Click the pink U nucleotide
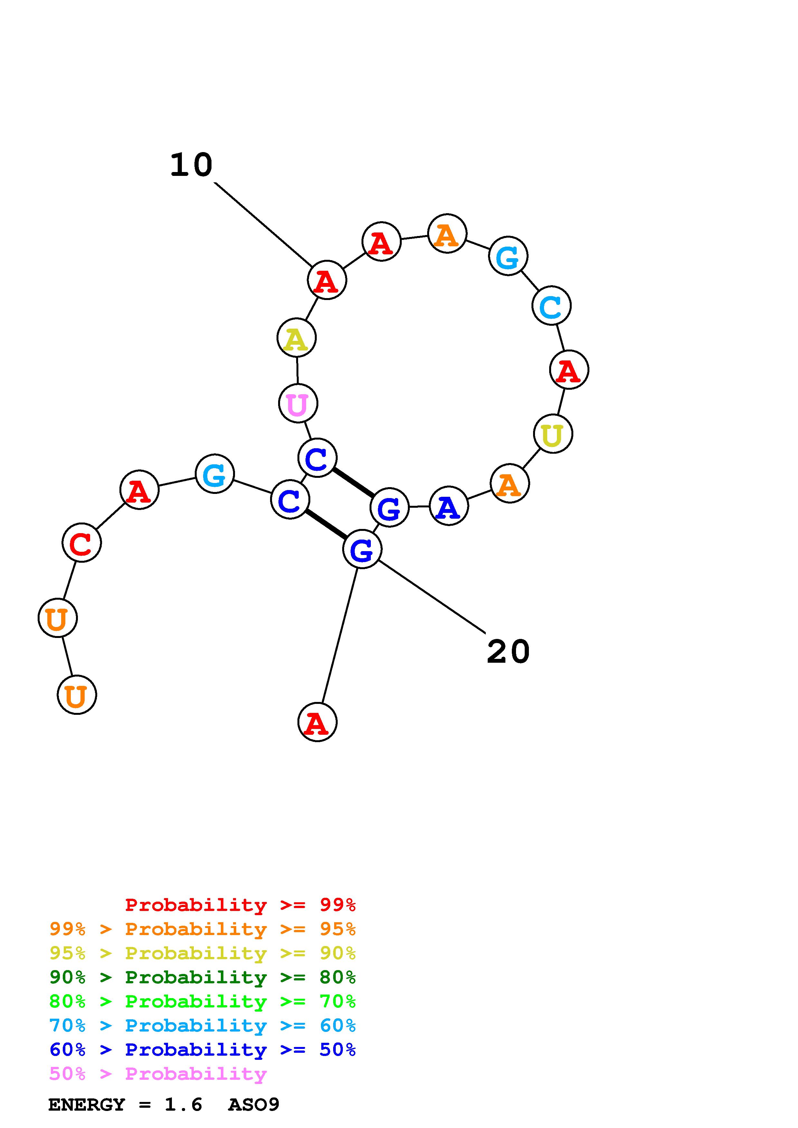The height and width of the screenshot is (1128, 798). coord(298,403)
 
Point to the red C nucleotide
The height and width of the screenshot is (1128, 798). coord(82,542)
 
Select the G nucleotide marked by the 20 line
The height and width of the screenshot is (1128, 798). coord(362,549)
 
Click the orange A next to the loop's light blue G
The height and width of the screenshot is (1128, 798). coord(447,233)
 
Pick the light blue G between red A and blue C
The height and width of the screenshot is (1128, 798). coord(214,474)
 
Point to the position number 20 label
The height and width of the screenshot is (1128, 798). coord(508,651)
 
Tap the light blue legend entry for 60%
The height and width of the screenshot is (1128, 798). coord(202,1026)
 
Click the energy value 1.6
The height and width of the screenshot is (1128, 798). coord(183,1105)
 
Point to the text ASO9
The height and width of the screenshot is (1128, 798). coord(254,1105)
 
